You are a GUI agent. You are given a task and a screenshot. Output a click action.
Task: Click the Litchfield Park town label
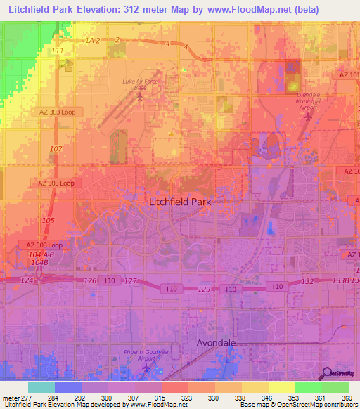tap(180, 201)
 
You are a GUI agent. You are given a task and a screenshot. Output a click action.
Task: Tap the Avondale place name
tap(216, 343)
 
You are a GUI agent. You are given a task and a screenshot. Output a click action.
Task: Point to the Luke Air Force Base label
tap(139, 84)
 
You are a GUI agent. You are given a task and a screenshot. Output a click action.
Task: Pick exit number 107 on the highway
tap(56, 149)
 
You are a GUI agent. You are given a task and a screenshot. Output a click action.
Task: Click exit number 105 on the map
tap(48, 221)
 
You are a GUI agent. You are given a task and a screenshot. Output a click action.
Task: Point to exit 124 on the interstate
tap(27, 281)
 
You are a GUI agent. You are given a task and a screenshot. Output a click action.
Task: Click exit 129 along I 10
tap(204, 290)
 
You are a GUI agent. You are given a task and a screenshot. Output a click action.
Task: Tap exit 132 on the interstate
tap(307, 281)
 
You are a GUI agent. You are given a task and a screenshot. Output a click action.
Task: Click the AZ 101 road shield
tap(349, 74)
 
